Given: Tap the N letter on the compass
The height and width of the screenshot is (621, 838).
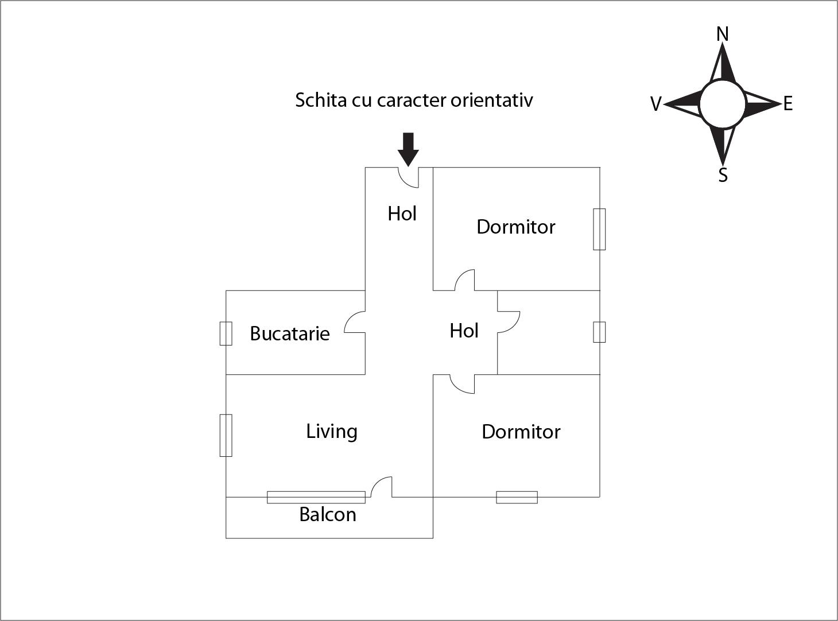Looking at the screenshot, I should click(723, 34).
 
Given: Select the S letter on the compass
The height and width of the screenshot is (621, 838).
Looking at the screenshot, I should click(723, 175).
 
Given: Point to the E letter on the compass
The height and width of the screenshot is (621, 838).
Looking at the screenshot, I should click(788, 104).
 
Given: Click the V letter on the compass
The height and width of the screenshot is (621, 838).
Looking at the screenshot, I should click(655, 104).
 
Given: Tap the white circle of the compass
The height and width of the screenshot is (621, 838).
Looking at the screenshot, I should click(722, 104).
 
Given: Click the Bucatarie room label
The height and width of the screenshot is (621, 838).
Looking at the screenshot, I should click(290, 333).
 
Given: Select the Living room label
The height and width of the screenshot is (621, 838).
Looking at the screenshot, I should click(332, 431).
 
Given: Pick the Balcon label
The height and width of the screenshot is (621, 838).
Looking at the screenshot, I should click(328, 514).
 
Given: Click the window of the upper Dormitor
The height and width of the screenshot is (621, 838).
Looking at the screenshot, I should click(599, 229).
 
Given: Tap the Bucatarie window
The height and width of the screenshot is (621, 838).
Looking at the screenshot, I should click(226, 333).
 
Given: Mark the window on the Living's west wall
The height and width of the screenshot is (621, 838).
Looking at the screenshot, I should click(226, 435).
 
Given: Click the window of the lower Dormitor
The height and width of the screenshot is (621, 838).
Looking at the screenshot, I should click(517, 497).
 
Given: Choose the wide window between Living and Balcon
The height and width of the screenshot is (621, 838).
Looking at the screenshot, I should click(316, 497).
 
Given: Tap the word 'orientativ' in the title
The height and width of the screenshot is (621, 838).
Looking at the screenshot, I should click(492, 100).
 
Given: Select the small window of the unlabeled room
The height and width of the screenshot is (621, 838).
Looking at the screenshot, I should click(599, 332).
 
